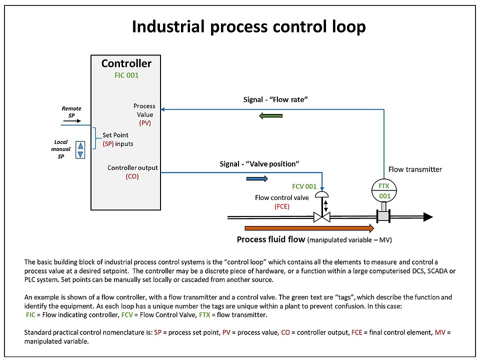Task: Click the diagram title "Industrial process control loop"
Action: click(x=248, y=27)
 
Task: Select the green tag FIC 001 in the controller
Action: click(x=126, y=75)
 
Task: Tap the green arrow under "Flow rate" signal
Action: click(x=271, y=116)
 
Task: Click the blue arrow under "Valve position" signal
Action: click(x=257, y=178)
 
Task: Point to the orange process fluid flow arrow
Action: click(x=305, y=228)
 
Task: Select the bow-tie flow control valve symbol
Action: click(x=321, y=217)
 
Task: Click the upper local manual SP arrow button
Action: click(x=79, y=146)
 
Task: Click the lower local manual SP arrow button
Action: click(x=79, y=154)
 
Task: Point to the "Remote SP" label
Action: click(x=71, y=112)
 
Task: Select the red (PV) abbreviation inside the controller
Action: click(x=145, y=123)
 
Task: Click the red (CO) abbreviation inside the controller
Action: click(x=132, y=176)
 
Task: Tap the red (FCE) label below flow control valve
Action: click(x=282, y=206)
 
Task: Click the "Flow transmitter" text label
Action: click(x=415, y=169)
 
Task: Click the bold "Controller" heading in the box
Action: click(x=126, y=63)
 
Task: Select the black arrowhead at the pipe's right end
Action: click(x=427, y=217)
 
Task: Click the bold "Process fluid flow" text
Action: click(x=270, y=239)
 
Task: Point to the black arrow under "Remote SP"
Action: click(x=71, y=121)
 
